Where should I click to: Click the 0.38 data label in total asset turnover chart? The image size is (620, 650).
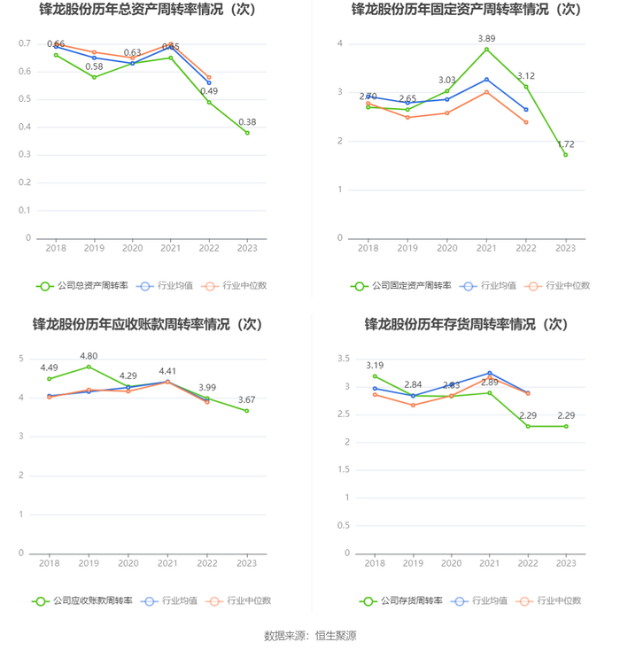point(247,122)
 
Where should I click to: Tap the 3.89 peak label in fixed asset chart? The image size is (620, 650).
point(486,39)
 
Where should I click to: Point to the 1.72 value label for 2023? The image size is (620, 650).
point(565,143)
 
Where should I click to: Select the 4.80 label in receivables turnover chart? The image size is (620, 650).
point(89,356)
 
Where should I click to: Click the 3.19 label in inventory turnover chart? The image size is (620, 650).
point(375,365)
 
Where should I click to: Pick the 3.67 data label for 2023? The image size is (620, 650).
point(247,399)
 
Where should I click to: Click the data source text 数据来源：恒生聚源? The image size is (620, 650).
point(310,635)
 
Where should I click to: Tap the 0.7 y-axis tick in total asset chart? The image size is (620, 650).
point(25,43)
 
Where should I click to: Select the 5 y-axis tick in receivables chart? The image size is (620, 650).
point(20,359)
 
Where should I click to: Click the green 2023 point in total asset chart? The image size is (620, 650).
point(247,133)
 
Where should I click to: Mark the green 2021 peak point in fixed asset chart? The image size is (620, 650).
point(486,49)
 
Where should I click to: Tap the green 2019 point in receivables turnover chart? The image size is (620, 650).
point(89,367)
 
